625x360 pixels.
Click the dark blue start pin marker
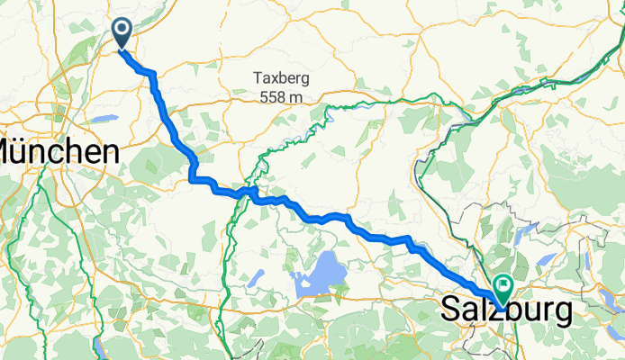122,34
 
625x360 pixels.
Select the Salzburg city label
507,311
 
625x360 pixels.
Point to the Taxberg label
282,78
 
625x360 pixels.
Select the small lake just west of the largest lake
257,277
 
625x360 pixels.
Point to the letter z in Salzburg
487,312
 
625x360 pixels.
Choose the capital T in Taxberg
257,78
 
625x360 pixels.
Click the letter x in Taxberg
276,79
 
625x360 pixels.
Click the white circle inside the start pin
122,31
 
